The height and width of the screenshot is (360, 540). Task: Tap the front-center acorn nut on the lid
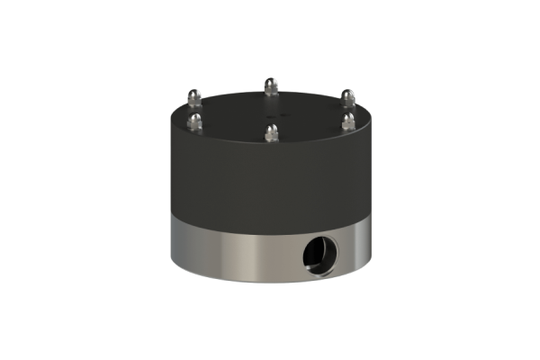coord(270,132)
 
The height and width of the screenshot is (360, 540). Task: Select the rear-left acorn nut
coord(193,96)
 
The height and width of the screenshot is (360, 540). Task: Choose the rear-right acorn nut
coord(348,97)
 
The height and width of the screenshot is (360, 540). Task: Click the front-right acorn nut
coord(348,121)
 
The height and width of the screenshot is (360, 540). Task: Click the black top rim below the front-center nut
coord(270,148)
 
